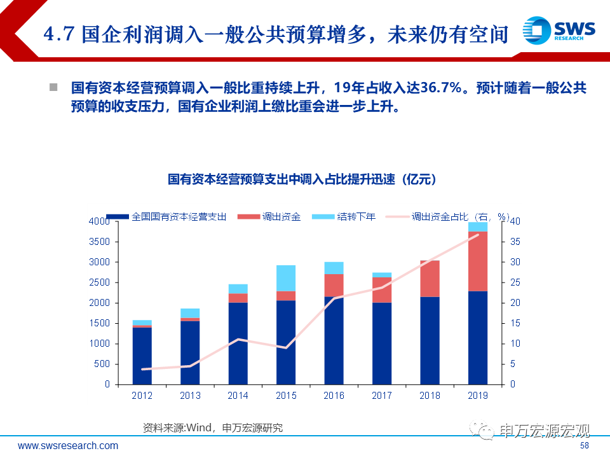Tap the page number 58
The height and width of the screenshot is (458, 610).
coord(585,446)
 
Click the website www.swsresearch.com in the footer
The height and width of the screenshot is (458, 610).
coord(68,445)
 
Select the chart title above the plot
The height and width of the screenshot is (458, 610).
coord(302,180)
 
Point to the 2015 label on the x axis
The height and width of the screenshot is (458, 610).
coord(286,396)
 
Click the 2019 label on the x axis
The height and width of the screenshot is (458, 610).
coord(477,396)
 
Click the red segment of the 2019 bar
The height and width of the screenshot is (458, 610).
coord(477,261)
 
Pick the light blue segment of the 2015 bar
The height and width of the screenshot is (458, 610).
coord(286,278)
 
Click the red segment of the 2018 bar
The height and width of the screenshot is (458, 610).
coord(430,279)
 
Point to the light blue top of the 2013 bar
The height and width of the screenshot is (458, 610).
coord(190,313)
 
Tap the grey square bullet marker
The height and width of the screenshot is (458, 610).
coord(53,87)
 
